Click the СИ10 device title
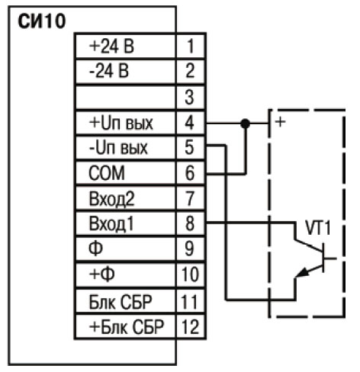click(42, 21)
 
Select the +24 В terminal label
click(111, 46)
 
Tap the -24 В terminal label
click(109, 71)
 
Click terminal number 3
click(189, 97)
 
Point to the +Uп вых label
click(121, 123)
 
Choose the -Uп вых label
click(118, 148)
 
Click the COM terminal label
click(107, 173)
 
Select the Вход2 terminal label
click(111, 199)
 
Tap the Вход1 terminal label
click(111, 224)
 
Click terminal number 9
click(189, 249)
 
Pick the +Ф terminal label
click(101, 274)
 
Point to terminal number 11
click(189, 302)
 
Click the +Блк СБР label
click(127, 326)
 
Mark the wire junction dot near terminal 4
click(245, 123)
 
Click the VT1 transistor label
click(318, 228)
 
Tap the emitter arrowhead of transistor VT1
click(303, 273)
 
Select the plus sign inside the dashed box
click(280, 122)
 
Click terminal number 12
click(190, 326)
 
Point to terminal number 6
click(190, 173)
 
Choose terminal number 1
click(190, 46)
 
